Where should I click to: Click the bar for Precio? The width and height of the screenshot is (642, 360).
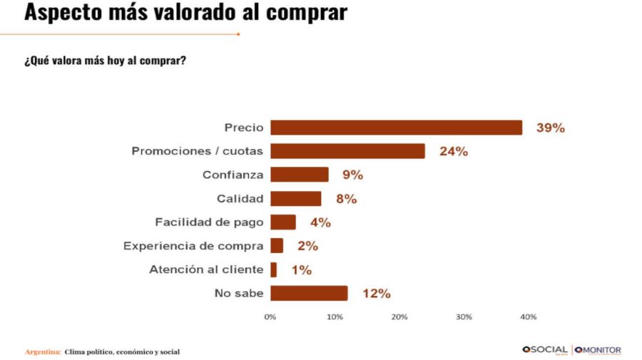tap(396, 128)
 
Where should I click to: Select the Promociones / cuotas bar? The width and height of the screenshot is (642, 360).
tap(347, 151)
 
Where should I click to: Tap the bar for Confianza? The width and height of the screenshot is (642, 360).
tap(299, 175)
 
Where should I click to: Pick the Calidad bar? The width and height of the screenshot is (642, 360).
tap(295, 199)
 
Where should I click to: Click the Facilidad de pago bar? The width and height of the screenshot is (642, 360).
tap(282, 222)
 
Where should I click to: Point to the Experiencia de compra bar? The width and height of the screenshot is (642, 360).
tap(276, 246)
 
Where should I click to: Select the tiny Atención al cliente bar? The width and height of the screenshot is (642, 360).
tap(273, 269)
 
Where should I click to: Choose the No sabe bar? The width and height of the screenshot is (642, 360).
tap(308, 293)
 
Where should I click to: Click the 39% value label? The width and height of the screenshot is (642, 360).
tap(551, 128)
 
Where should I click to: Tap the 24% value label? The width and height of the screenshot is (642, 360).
tap(454, 152)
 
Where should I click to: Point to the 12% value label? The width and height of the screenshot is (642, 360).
tap(376, 294)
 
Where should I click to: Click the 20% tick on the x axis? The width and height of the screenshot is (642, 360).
tap(399, 317)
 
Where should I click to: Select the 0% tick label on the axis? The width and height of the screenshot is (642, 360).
tap(270, 317)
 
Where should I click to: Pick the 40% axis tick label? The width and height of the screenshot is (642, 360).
tap(529, 317)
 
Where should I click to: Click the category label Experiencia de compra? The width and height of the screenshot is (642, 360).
tap(193, 246)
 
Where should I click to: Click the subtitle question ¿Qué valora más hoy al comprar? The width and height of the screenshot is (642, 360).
tap(106, 61)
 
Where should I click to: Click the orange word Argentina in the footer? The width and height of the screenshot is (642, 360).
tap(42, 352)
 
